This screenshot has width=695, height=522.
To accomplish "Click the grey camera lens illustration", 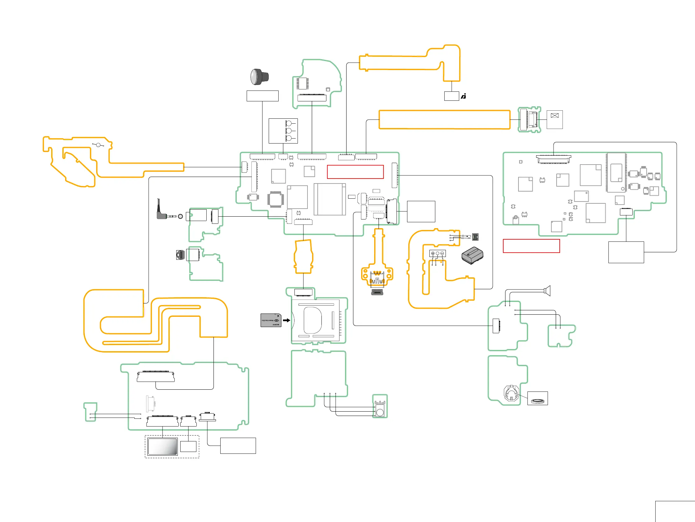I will (x=259, y=77).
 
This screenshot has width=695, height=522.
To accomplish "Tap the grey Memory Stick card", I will (x=271, y=320).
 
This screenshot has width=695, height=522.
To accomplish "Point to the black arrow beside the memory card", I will (x=286, y=320).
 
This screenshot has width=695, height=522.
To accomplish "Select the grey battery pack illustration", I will (x=472, y=255).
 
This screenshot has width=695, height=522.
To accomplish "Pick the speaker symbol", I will (x=547, y=291).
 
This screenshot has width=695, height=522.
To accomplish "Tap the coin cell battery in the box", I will (x=537, y=401).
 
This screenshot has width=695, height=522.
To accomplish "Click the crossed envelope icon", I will (x=554, y=116).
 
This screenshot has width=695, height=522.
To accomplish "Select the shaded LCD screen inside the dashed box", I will (x=163, y=446).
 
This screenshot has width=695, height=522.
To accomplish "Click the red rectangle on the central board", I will (x=355, y=172).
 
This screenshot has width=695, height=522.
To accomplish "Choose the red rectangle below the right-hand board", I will (x=531, y=246).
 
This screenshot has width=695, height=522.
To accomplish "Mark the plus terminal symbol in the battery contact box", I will (x=433, y=253).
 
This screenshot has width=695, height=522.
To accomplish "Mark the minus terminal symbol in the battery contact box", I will (x=442, y=253).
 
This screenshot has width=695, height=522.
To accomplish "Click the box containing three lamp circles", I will (x=283, y=131).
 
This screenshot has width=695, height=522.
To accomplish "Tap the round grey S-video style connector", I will (x=180, y=254).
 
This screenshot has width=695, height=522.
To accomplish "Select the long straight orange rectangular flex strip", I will (x=444, y=120).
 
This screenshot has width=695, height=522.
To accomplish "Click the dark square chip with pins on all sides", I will (x=276, y=199).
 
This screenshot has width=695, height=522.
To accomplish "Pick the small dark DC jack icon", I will (x=475, y=237).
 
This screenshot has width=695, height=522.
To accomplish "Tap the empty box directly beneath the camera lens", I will (x=262, y=96).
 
